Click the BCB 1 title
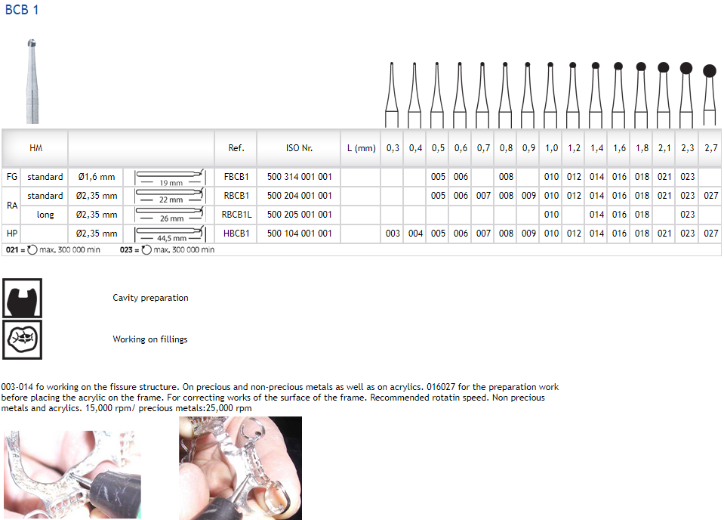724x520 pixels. (x=22, y=10)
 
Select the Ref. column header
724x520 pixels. (x=236, y=148)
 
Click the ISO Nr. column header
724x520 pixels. (x=299, y=148)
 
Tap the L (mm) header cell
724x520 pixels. (x=361, y=148)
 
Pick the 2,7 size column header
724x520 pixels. (x=710, y=148)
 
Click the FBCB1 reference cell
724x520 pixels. (x=236, y=177)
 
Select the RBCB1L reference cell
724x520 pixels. (x=236, y=215)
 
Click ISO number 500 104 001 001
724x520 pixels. (x=299, y=234)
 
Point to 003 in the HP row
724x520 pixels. (x=393, y=234)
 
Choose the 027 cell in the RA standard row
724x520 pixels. (x=710, y=196)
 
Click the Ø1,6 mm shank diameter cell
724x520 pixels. (x=97, y=177)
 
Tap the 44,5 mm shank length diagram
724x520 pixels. (x=171, y=234)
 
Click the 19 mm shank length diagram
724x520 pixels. (x=171, y=178)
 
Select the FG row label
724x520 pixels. (x=12, y=177)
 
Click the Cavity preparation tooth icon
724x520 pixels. (x=22, y=298)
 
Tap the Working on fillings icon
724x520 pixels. (x=22, y=339)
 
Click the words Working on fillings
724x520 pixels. (x=150, y=339)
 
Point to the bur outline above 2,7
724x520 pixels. (x=710, y=95)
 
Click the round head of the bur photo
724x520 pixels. (x=32, y=43)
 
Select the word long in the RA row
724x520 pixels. (x=45, y=215)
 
